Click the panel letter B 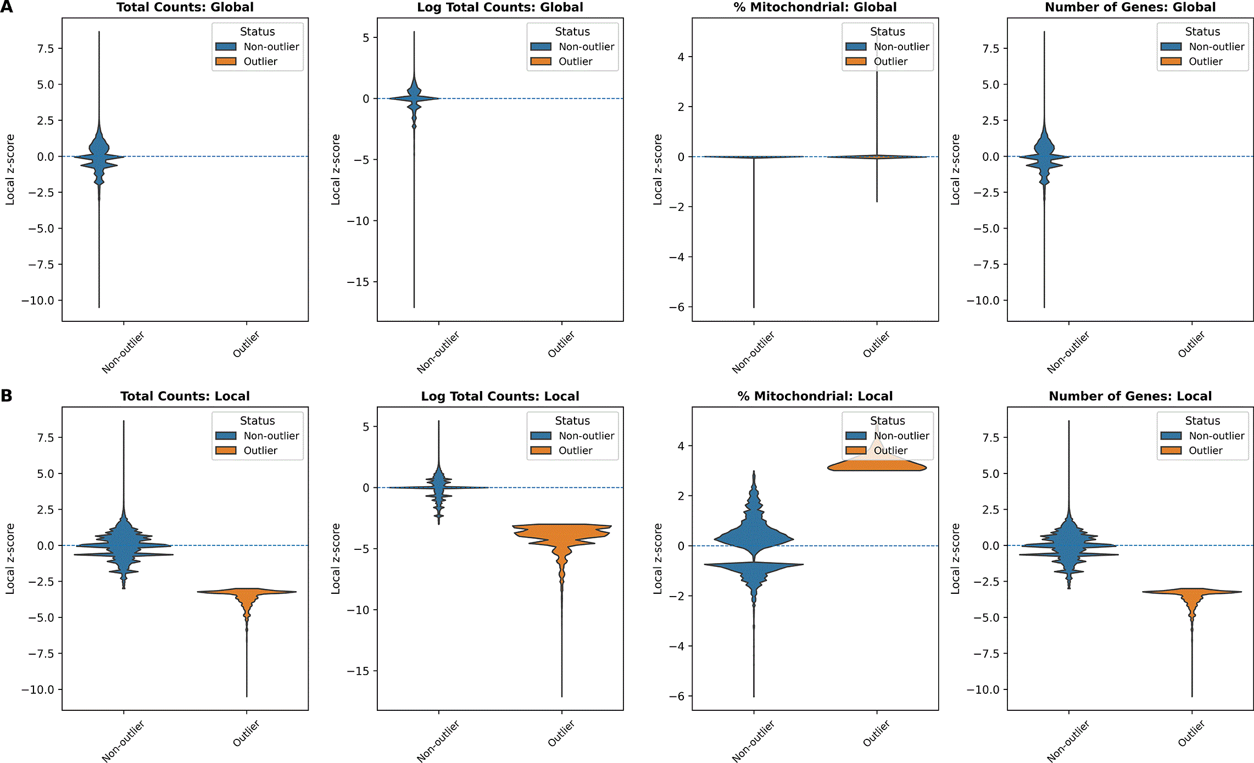(x=7, y=396)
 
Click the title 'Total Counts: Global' (x=185, y=7)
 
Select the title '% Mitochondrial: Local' (x=815, y=396)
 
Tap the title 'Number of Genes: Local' (x=1130, y=396)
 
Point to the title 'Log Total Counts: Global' (x=500, y=7)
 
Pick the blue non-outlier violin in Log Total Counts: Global (x=414, y=99)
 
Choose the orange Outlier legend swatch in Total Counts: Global (x=226, y=62)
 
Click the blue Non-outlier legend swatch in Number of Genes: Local (x=1171, y=436)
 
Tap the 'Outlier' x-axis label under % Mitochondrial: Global (x=876, y=344)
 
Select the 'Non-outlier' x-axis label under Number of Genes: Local (x=1068, y=741)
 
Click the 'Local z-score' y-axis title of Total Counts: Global (x=10, y=170)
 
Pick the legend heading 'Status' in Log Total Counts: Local (x=572, y=421)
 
